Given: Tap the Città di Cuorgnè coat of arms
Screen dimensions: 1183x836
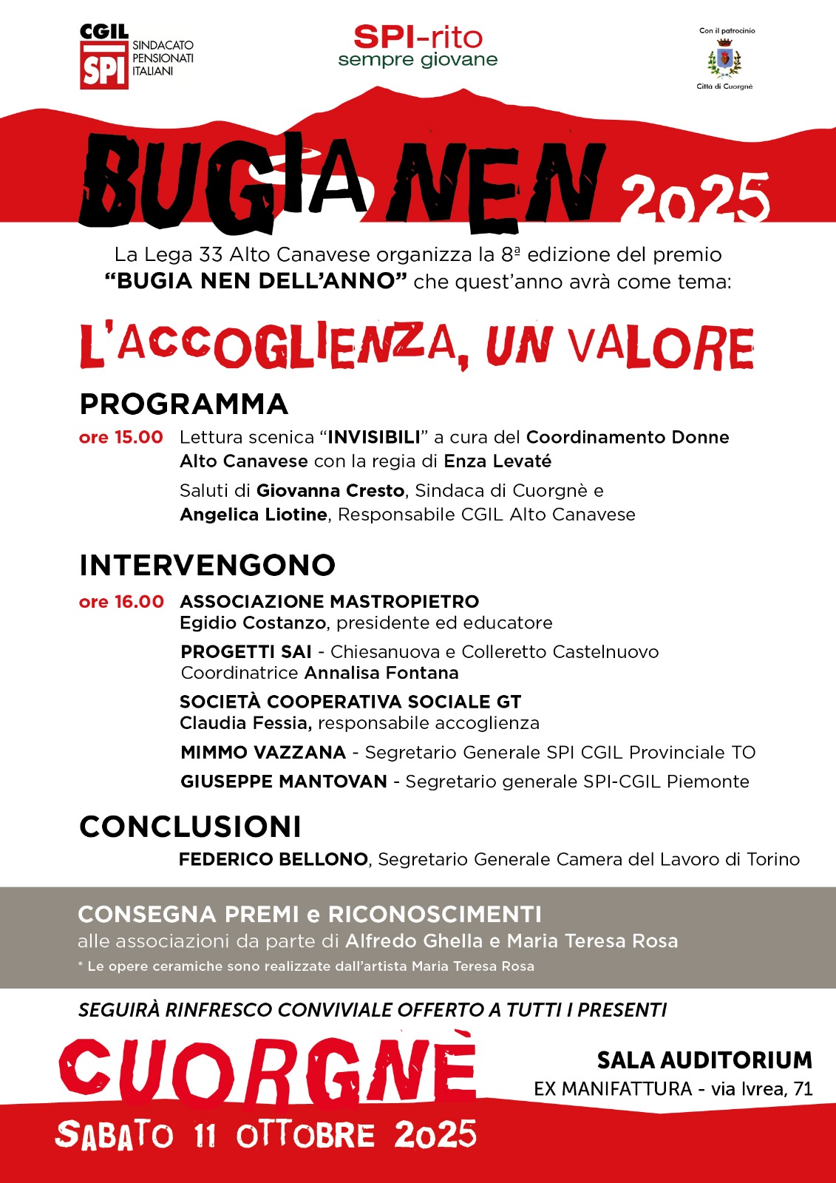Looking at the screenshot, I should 724,59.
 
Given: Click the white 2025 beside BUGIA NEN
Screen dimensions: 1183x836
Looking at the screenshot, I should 695,198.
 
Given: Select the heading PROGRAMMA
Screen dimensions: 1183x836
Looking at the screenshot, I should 183,404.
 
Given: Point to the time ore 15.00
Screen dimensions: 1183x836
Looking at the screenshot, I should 120,437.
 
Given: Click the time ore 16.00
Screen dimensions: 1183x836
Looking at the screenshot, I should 121,602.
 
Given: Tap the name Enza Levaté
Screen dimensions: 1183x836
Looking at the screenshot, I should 497,461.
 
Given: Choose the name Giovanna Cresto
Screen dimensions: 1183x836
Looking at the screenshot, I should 330,491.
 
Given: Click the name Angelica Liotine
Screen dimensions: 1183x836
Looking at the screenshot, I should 254,515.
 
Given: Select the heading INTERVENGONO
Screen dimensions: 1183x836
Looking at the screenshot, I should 207,566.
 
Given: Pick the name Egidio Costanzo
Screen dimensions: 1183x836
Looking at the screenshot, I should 253,623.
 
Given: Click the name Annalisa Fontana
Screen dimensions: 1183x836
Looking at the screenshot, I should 381,673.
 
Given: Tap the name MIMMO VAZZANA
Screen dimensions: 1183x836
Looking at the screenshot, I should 263,753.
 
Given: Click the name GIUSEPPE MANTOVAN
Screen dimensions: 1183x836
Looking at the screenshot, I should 284,782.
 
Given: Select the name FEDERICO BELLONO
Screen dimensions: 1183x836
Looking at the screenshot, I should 273,859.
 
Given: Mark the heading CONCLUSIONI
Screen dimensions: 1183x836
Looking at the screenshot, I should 190,827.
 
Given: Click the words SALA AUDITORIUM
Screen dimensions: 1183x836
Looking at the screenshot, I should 704,1060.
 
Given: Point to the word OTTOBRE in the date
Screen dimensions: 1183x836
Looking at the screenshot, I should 305,1136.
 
